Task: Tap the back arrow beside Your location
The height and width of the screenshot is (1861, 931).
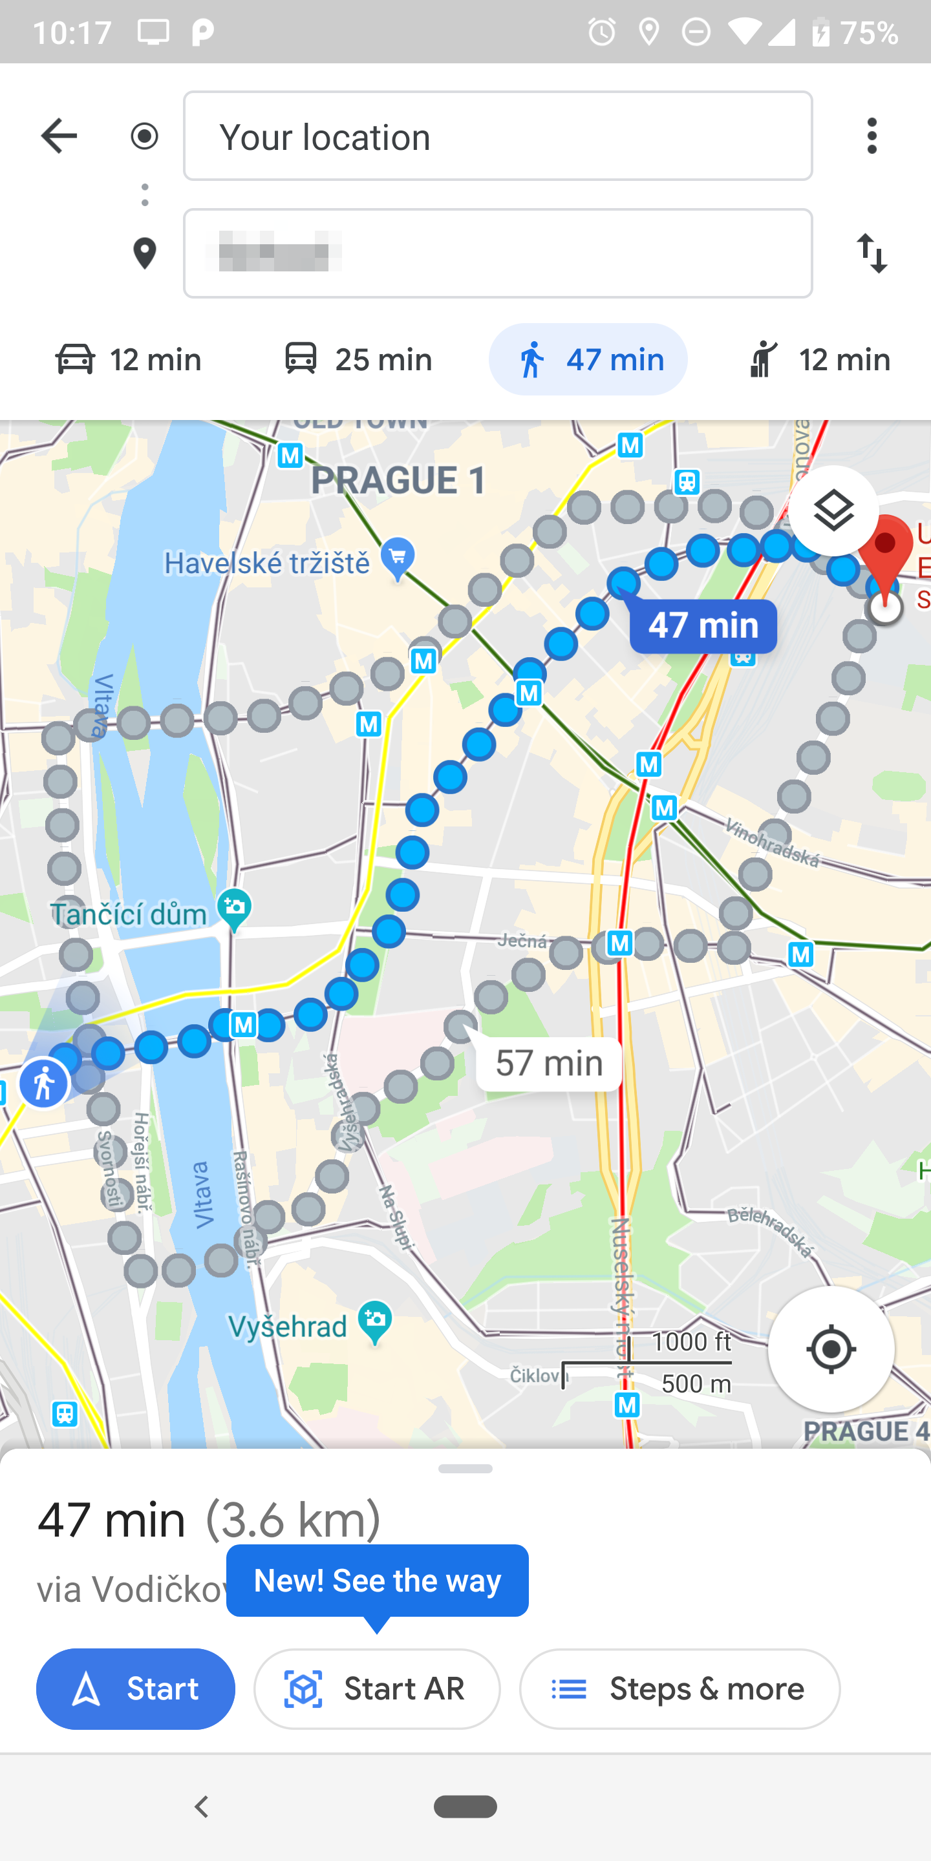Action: pos(59,136)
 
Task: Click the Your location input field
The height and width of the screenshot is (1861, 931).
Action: pos(497,136)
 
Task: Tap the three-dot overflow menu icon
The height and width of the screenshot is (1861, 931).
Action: pos(872,136)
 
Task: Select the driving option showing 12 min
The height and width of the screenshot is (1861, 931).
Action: pos(129,359)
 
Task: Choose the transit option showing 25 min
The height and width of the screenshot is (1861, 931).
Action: pos(358,359)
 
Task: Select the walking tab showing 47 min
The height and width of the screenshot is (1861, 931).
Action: pos(588,359)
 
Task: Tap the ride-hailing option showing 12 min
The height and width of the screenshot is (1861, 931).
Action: pos(819,359)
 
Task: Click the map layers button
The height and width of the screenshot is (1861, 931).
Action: pos(833,512)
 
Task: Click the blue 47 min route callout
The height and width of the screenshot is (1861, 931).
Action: pos(703,626)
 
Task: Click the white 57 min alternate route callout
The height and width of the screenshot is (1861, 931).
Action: pos(550,1064)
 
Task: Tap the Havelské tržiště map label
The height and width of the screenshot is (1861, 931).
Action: pos(268,563)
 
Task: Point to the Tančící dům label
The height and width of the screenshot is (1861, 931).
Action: pos(129,914)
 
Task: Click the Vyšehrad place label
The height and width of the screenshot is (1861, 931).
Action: pos(288,1327)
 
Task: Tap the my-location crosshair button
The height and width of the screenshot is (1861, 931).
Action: pos(831,1349)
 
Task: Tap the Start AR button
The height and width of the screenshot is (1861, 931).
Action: pos(376,1689)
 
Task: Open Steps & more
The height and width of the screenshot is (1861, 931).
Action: pos(680,1689)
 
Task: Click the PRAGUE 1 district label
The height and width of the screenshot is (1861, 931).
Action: pos(398,480)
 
